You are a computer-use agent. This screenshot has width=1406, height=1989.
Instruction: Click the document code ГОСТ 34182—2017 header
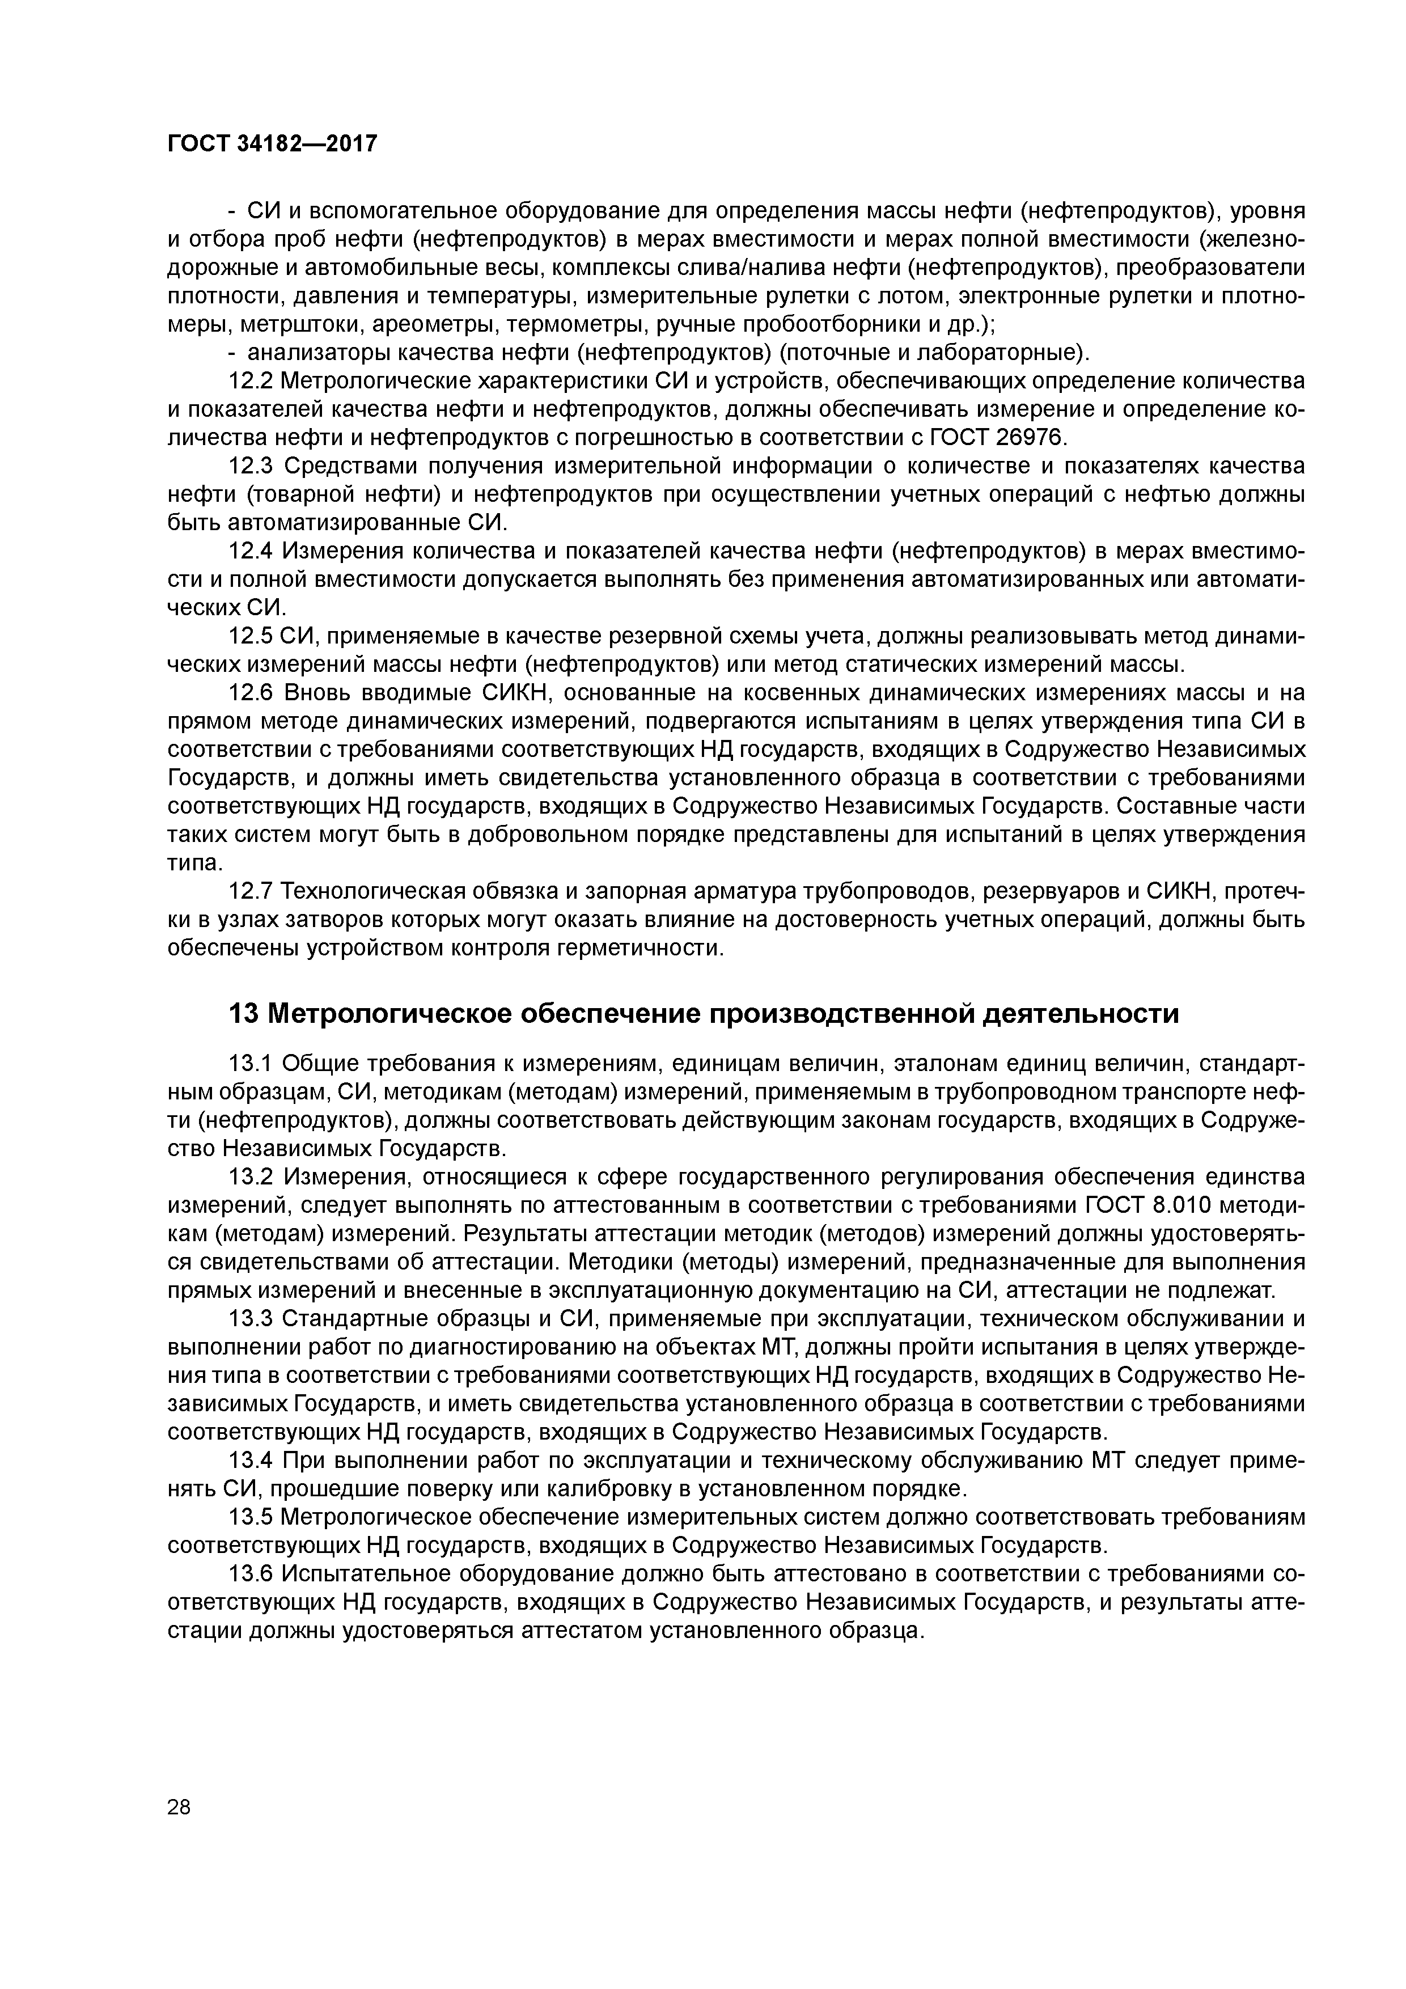point(272,144)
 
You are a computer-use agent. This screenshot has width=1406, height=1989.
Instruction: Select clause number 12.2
point(251,381)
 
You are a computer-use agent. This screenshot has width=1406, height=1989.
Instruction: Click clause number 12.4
point(251,551)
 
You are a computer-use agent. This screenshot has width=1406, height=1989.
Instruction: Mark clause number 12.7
point(251,891)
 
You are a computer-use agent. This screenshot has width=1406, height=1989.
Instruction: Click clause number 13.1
point(251,1063)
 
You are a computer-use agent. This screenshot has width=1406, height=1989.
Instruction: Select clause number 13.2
point(251,1177)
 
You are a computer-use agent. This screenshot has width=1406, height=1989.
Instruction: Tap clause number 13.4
point(251,1461)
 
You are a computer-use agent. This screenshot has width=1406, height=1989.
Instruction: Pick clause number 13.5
point(251,1517)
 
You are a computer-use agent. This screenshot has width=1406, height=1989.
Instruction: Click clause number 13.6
point(251,1574)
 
